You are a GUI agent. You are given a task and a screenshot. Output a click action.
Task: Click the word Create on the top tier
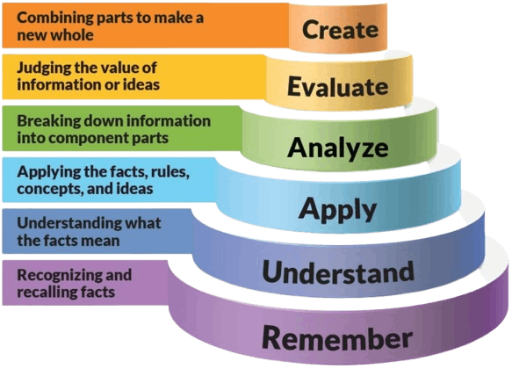click(340, 30)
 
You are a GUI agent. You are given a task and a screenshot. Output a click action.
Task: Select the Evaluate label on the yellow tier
click(337, 87)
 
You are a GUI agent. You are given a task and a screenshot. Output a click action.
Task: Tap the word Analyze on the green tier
click(337, 148)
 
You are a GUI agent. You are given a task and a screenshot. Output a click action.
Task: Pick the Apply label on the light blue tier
click(337, 210)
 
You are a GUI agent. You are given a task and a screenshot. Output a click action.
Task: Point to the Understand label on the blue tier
click(338, 271)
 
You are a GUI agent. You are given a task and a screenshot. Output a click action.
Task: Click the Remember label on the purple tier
click(337, 337)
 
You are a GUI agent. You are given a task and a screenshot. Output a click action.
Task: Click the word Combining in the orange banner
click(54, 18)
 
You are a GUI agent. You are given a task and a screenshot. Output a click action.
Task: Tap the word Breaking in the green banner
click(48, 121)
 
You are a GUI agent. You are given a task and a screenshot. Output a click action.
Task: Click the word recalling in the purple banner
click(38, 292)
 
